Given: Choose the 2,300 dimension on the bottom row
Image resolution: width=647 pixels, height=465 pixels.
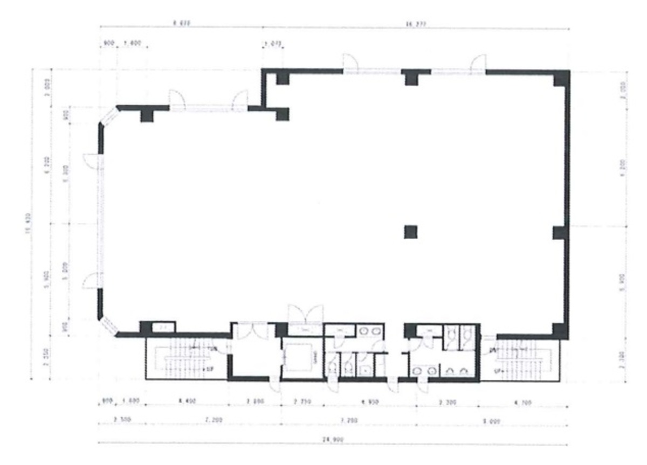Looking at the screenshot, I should [447, 402].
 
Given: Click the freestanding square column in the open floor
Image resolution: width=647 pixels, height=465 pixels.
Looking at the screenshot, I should [411, 232].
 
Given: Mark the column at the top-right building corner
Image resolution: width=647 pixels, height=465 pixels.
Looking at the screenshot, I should [561, 78].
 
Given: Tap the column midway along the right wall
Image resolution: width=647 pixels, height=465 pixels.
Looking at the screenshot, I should [560, 232].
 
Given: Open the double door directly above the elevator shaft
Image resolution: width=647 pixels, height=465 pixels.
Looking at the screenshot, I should [305, 314].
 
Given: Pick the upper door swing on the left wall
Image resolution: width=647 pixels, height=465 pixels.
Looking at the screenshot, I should [90, 160].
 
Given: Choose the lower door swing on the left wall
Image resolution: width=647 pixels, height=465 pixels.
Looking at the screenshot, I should [90, 280].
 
